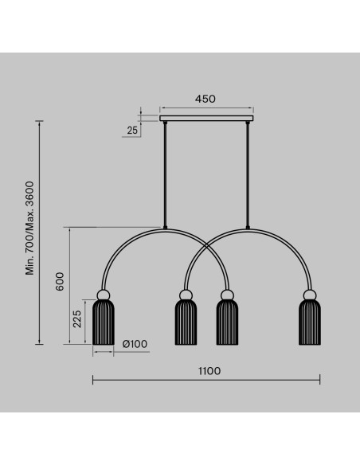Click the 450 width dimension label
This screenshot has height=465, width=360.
205,99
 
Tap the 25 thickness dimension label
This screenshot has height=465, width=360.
132,130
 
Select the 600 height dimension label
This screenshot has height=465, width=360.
60,281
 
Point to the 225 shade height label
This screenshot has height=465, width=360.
77,318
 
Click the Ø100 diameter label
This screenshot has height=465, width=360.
135,344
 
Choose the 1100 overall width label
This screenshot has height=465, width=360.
209,371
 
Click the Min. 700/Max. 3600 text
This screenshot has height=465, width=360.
30,229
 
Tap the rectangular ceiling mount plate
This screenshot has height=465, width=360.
207,119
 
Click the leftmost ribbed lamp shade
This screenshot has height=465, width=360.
104,322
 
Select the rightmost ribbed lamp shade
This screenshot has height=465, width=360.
310,322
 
